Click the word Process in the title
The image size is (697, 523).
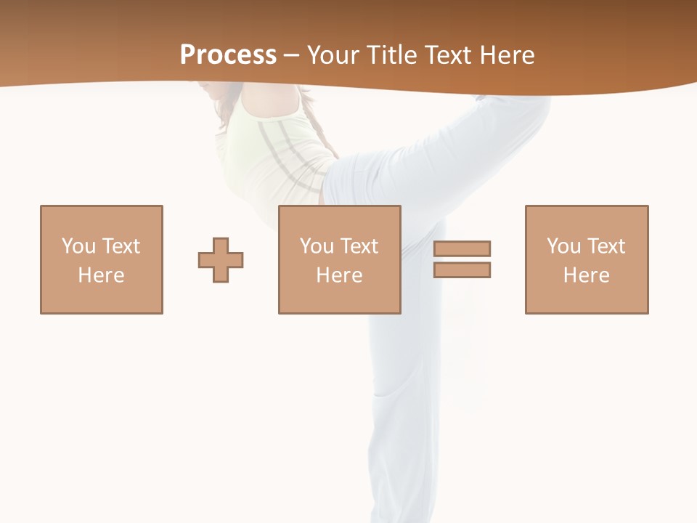228,55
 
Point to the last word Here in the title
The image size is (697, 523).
508,55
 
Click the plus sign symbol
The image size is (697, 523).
221,259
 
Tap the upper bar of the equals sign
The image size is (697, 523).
462,248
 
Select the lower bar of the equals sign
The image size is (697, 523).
462,269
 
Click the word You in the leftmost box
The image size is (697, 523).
78,246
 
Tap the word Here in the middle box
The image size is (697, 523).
339,275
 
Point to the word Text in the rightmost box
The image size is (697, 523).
605,246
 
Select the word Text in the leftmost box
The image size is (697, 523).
120,246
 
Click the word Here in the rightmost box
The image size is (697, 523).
586,275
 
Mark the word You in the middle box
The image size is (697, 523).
317,246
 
